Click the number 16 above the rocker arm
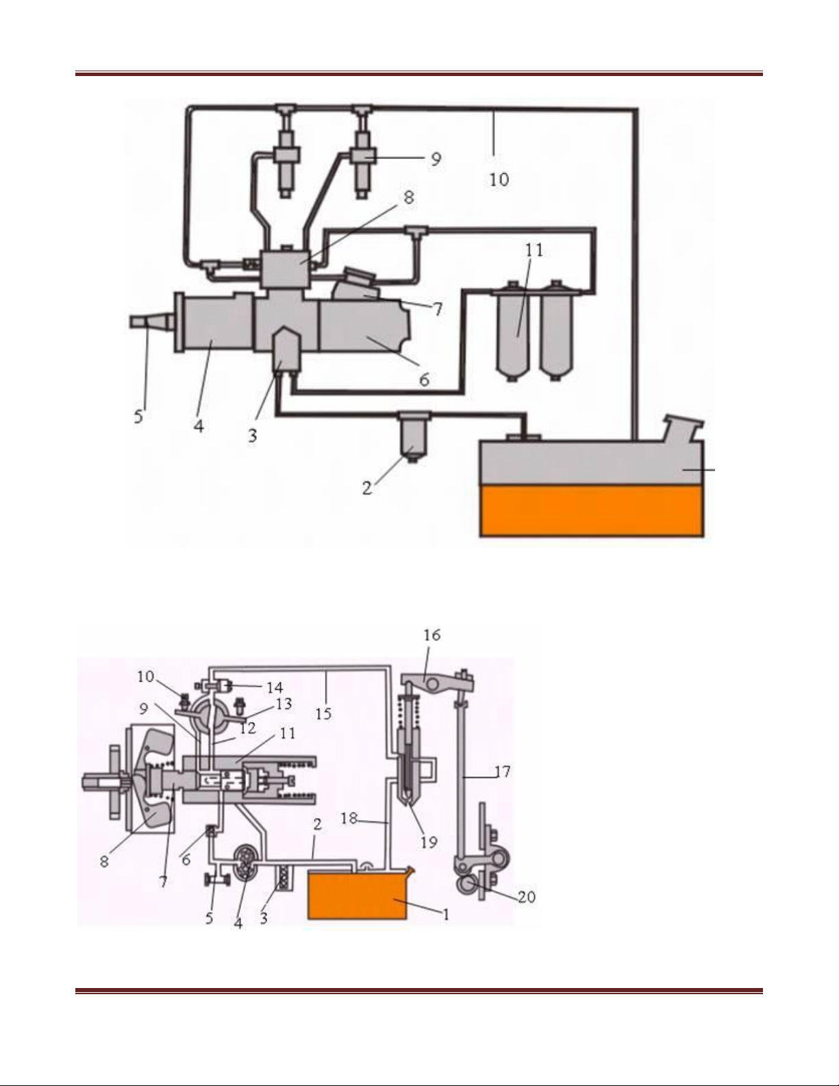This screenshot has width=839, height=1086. coord(431,635)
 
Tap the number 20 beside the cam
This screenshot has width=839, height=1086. coord(526,897)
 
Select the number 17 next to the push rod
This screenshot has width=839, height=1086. coord(502,772)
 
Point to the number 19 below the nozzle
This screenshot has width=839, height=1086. coord(429,841)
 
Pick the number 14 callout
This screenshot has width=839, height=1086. coord(275,687)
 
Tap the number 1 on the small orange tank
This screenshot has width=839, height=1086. coord(446,914)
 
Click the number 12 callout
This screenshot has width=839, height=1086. coord(247,728)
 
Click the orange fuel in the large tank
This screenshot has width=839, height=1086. coord(592,510)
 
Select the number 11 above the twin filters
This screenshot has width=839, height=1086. coord(534,251)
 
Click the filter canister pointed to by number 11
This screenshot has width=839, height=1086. coord(517,330)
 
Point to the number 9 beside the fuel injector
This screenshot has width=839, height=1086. coord(435,159)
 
